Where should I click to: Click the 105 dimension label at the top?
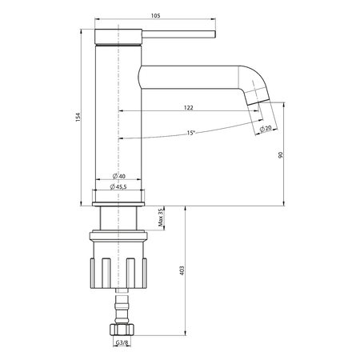tap(156, 16)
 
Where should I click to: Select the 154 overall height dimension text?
tap(78, 118)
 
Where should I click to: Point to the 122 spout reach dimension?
tap(188, 108)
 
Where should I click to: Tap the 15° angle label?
tap(191, 133)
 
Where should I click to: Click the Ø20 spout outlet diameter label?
tap(266, 128)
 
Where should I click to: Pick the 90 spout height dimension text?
tap(280, 155)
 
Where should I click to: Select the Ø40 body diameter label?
tap(119, 176)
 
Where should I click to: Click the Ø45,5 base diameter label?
tap(118, 186)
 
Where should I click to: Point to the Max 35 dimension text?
tap(160, 218)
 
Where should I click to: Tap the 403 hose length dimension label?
tap(182, 270)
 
